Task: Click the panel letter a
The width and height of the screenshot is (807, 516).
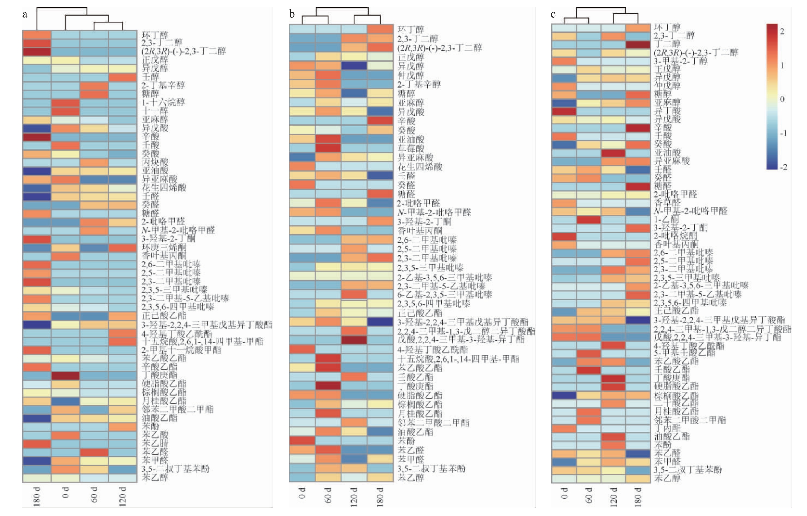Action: (25, 15)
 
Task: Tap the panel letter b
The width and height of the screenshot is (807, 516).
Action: (292, 15)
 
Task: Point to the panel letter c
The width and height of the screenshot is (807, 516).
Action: (553, 15)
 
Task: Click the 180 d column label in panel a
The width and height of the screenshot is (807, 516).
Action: (37, 496)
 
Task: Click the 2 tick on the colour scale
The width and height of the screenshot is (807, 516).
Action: (782, 31)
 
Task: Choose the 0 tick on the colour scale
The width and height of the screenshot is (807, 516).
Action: (782, 99)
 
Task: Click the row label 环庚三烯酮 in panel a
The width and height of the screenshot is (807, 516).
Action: (164, 248)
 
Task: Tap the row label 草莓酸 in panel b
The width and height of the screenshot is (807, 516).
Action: (411, 148)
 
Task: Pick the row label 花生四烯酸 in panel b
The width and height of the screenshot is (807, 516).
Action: (420, 167)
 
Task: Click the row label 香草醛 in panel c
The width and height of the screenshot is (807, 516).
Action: (667, 203)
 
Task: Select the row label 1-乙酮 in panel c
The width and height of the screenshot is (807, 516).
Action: (667, 219)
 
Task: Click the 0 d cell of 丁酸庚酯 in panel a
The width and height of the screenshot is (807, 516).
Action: (66, 376)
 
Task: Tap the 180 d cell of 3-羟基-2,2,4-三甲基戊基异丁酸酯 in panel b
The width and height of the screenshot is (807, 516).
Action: (380, 322)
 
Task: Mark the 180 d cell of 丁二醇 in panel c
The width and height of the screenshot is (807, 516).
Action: (638, 44)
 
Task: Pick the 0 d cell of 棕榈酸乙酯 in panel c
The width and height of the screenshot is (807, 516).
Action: (564, 395)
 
